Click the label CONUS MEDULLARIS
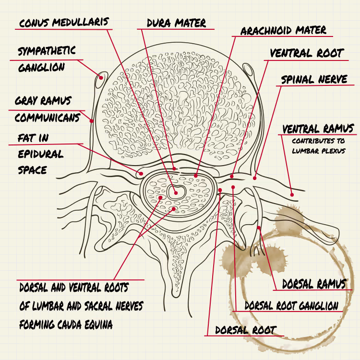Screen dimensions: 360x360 coord(64,23)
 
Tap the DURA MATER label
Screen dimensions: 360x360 coord(176,23)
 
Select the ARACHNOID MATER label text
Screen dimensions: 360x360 coord(283,30)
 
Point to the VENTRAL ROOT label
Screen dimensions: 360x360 coord(307,53)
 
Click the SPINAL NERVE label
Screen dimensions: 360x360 coord(314,79)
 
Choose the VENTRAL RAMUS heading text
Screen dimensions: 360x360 coord(318,129)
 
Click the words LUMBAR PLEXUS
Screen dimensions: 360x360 coord(319,151)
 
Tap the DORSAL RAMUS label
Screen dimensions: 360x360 coord(314,284)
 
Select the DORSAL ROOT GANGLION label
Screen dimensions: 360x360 coord(291,306)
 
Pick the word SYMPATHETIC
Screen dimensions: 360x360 coord(47,51)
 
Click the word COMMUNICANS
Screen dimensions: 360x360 coord(48,118)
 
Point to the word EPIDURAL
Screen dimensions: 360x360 coord(41,154)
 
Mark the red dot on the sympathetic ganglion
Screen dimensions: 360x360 coord(101,78)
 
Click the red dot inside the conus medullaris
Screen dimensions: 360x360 coord(176,193)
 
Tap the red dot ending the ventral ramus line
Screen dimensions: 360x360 coord(292,195)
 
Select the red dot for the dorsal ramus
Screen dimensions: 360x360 coord(259,228)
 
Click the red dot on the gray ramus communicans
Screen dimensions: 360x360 coord(92,121)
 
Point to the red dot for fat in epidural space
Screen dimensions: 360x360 coord(141,174)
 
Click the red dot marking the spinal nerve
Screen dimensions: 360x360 coord(254,178)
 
